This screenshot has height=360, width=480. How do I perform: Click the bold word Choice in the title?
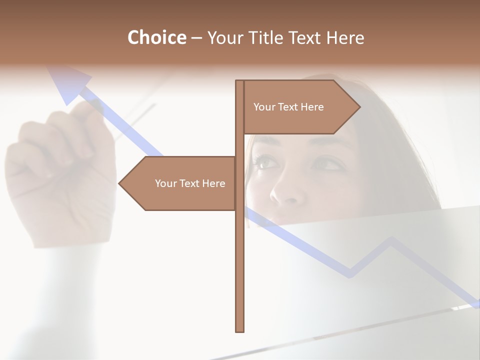pos(156,37)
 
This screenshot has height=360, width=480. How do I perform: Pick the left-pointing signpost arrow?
pos(180,183)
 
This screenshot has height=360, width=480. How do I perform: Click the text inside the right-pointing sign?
pos(288,107)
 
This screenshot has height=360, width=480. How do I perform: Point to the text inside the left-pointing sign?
pos(190,183)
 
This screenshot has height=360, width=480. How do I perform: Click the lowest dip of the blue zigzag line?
pos(350,274)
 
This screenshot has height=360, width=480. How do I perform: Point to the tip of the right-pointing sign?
pos(359,107)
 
